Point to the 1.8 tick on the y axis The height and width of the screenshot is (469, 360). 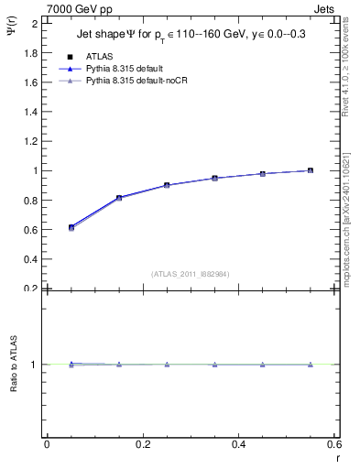[x=31, y=53]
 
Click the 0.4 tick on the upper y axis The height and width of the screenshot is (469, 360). [x=31, y=259]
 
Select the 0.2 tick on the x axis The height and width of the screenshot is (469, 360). [x=142, y=445]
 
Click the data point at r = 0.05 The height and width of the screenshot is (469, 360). [x=71, y=227]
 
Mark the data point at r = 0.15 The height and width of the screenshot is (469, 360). [x=119, y=198]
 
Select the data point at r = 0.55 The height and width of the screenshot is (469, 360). [x=311, y=170]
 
